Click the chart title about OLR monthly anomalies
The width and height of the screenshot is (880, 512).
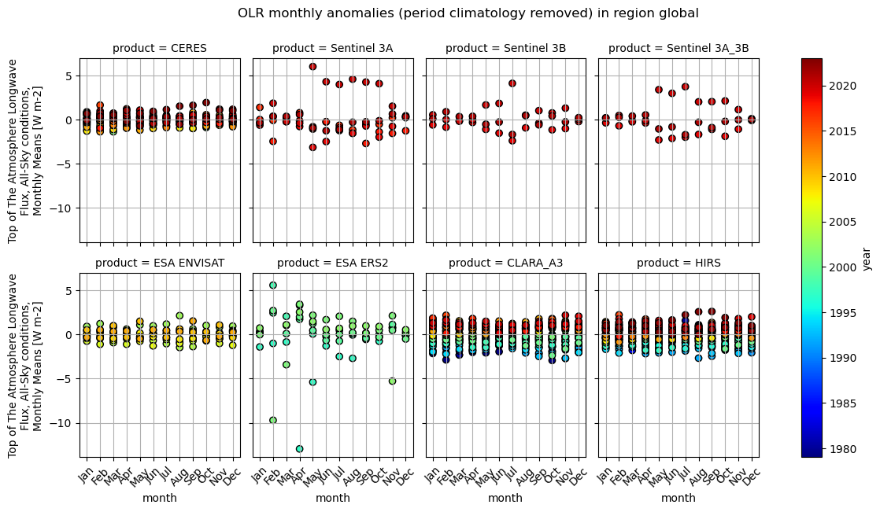pyautogui.click(x=468, y=13)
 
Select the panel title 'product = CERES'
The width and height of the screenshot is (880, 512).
pyautogui.click(x=160, y=48)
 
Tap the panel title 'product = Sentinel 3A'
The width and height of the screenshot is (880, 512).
pyautogui.click(x=333, y=48)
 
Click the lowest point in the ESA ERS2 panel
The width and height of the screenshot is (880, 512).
pyautogui.click(x=299, y=448)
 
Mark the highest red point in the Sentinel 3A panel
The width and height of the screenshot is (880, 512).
pyautogui.click(x=312, y=67)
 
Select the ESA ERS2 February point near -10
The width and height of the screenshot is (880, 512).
pyautogui.click(x=273, y=420)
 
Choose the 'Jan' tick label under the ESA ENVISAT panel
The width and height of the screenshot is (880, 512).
pyautogui.click(x=88, y=476)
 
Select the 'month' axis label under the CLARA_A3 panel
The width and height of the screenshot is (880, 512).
pyautogui.click(x=505, y=498)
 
